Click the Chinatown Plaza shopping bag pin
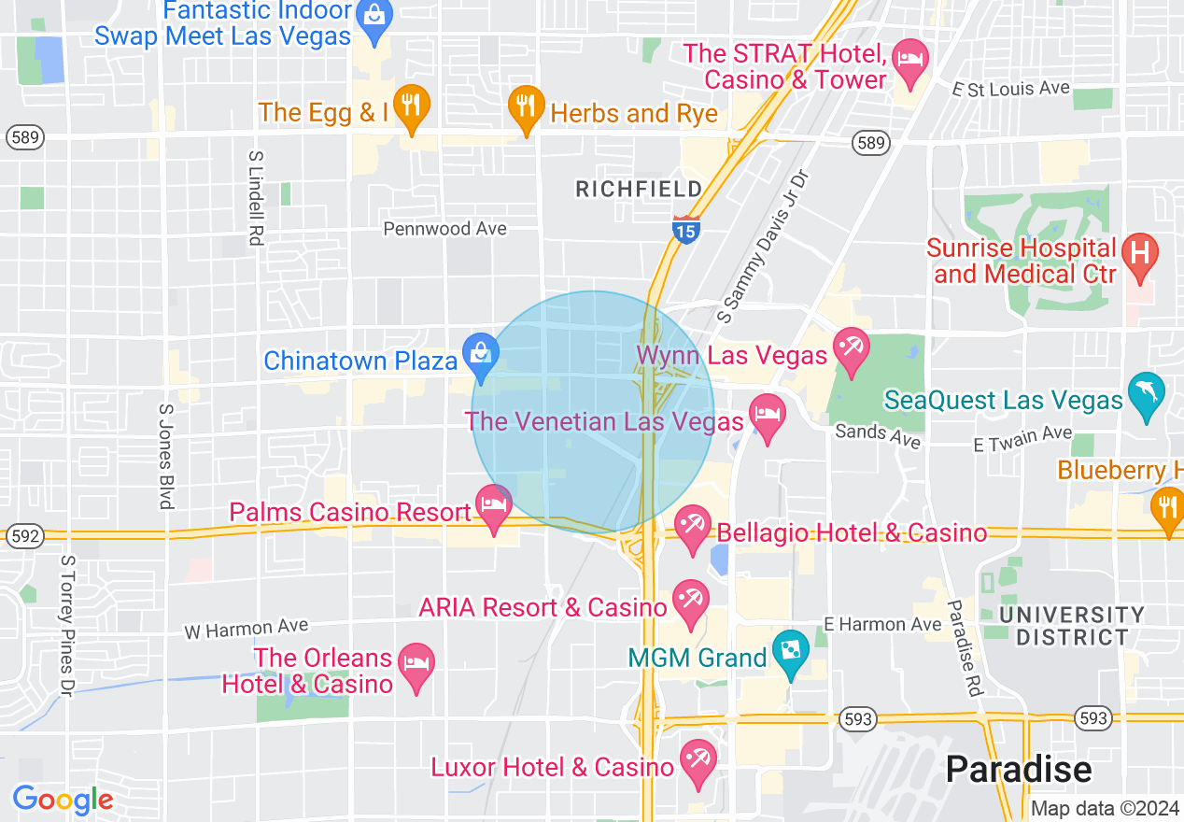482,355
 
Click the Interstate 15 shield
685,229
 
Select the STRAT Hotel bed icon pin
909,59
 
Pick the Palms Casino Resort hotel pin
493,505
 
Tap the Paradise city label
1018,769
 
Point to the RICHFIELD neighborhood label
639,190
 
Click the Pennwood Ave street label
445,229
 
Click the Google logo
63,800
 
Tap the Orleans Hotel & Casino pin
416,664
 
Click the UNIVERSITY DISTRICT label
1072,626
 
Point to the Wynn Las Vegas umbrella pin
851,348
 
